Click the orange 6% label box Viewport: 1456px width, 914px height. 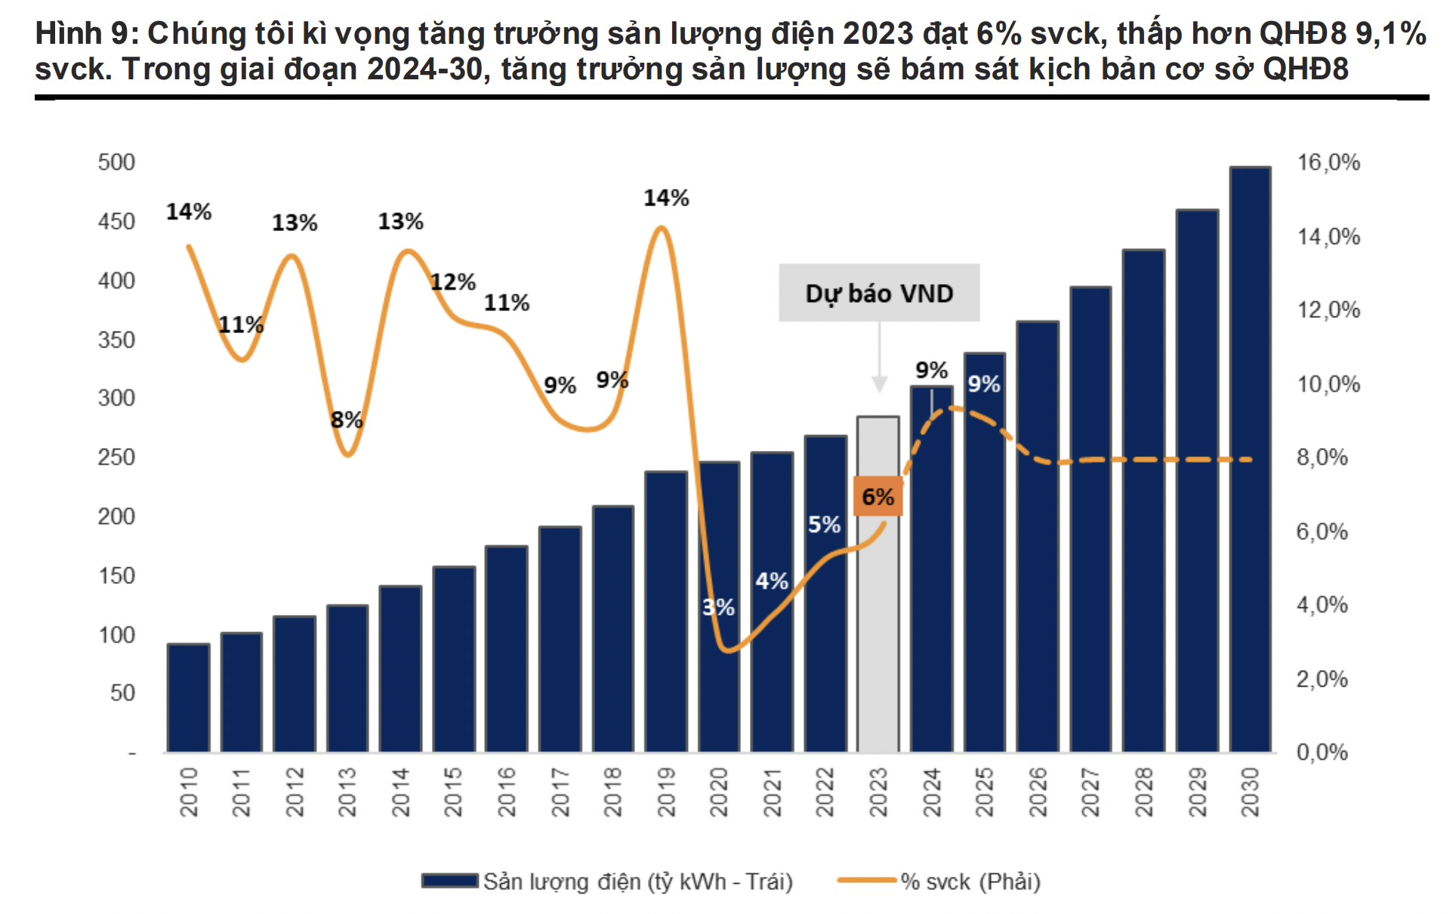(x=878, y=496)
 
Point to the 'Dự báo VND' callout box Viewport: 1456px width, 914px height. (x=879, y=293)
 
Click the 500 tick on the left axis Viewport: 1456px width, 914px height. (x=116, y=162)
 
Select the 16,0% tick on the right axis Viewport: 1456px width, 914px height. (x=1328, y=162)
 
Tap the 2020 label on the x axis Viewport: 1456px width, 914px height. (x=719, y=792)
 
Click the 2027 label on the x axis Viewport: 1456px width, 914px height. (x=1090, y=792)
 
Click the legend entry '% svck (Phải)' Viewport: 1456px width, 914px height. (x=970, y=882)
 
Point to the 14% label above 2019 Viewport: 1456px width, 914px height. (x=666, y=198)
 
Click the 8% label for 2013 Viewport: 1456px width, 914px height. (x=347, y=420)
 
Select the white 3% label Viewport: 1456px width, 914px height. (x=718, y=607)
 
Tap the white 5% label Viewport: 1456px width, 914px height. (x=824, y=524)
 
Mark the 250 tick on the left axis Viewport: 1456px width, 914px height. (x=116, y=457)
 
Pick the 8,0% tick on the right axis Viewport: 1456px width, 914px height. (x=1322, y=457)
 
